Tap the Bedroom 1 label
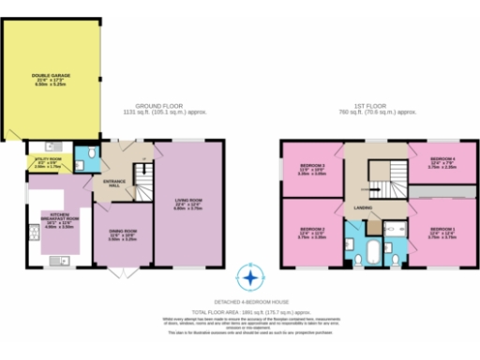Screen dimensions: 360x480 (442, 231)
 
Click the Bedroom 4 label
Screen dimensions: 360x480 (442, 161)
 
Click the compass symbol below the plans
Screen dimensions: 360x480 (249, 277)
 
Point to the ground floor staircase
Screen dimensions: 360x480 (142, 175)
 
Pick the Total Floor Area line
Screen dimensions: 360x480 (249, 308)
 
